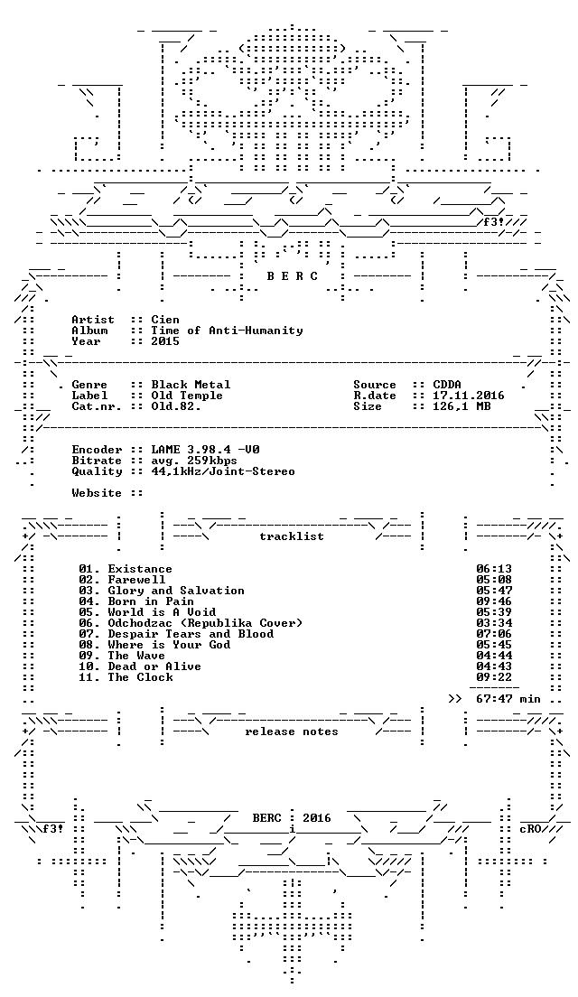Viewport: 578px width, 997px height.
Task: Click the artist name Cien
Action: click(165, 319)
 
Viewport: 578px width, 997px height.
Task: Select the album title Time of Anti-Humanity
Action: click(227, 330)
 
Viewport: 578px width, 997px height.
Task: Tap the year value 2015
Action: click(165, 340)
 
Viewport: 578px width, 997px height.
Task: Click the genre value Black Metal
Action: click(191, 384)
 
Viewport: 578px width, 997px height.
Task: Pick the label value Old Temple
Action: click(187, 395)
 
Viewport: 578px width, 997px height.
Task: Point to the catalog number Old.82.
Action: click(176, 405)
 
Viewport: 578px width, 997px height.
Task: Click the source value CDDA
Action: click(447, 384)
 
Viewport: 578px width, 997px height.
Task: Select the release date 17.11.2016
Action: click(469, 395)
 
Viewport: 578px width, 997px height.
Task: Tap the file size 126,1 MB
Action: click(461, 405)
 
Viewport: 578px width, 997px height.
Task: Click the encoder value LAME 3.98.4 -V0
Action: click(205, 450)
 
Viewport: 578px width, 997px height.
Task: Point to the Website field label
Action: click(96, 493)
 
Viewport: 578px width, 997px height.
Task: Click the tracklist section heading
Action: click(291, 536)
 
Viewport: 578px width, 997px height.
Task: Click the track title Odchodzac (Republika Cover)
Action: click(205, 622)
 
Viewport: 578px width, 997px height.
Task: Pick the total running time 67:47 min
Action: click(508, 699)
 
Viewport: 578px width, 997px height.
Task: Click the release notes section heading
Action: click(291, 731)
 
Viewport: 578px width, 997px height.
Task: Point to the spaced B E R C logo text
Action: click(292, 276)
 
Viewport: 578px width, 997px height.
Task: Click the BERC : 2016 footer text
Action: click(292, 817)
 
